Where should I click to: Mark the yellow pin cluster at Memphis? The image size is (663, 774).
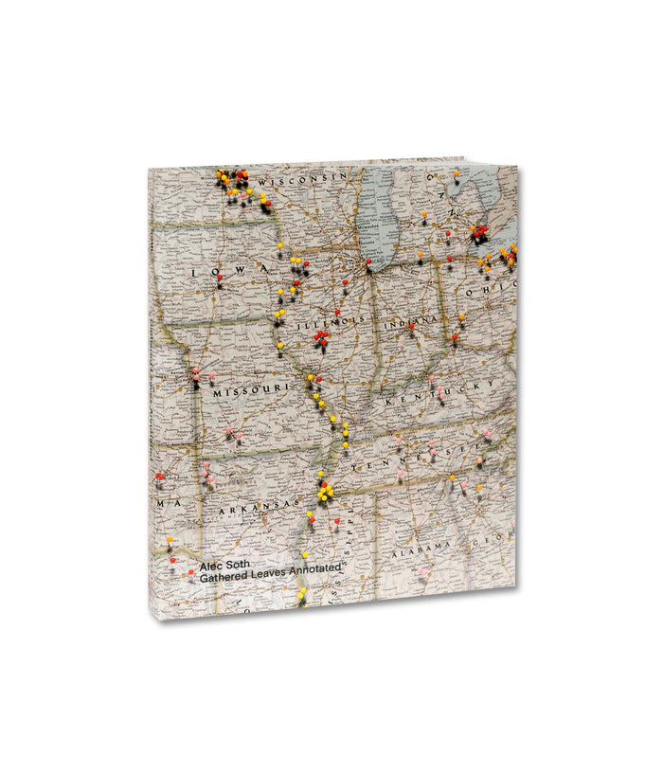click(x=325, y=491)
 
